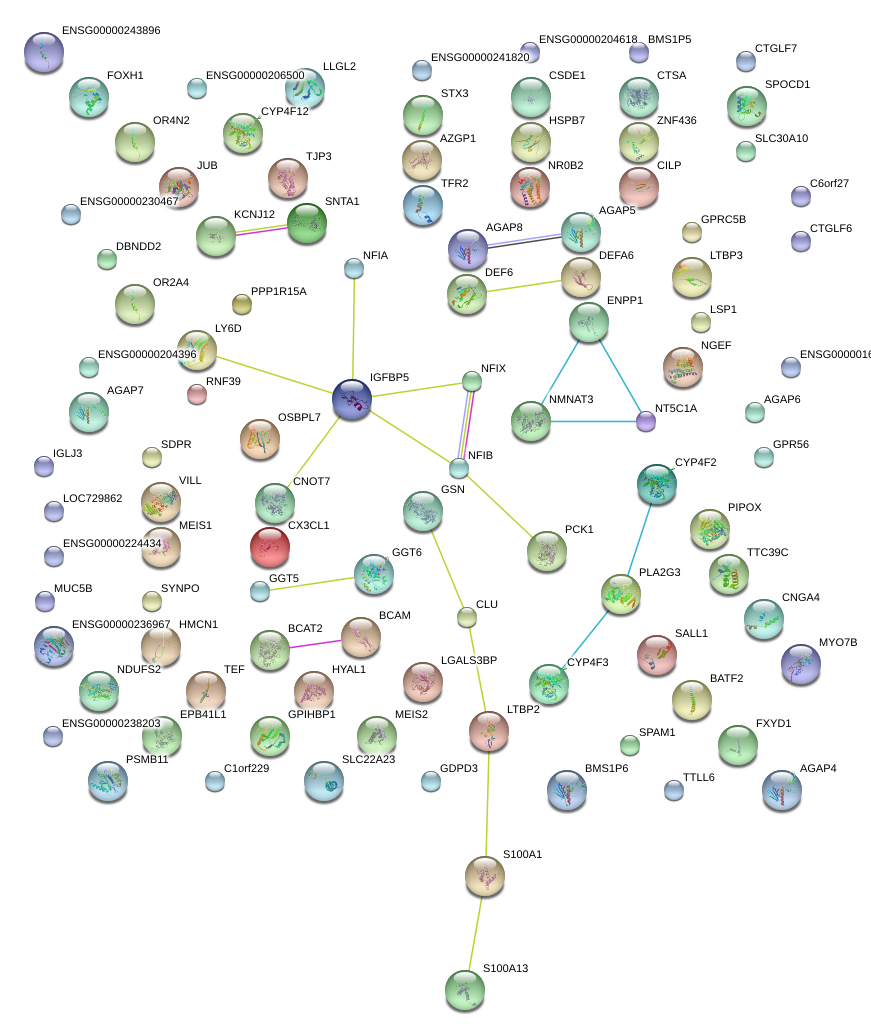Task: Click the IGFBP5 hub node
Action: pyautogui.click(x=351, y=398)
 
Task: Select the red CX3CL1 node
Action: pyautogui.click(x=269, y=546)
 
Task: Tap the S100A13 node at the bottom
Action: pyautogui.click(x=464, y=989)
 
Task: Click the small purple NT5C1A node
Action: pyautogui.click(x=646, y=421)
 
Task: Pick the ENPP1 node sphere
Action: pyautogui.click(x=588, y=321)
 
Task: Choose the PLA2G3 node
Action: pyautogui.click(x=620, y=594)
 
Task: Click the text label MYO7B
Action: pyautogui.click(x=838, y=642)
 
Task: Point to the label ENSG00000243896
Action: pyautogui.click(x=110, y=31)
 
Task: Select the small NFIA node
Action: pyautogui.click(x=353, y=267)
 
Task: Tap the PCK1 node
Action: pyautogui.click(x=546, y=550)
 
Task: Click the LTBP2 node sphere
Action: pyautogui.click(x=489, y=731)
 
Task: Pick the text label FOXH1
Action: pyautogui.click(x=125, y=76)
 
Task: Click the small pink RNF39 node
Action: pyautogui.click(x=197, y=394)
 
